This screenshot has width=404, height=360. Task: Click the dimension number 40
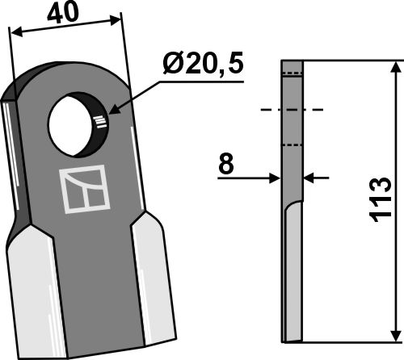[63, 13]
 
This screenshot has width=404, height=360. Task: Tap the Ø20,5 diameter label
[203, 64]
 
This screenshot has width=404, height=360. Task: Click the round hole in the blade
[70, 125]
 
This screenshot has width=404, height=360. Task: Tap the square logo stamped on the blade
[85, 189]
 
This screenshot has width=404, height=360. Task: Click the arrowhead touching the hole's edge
[115, 110]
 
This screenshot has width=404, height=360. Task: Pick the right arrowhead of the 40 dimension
[115, 20]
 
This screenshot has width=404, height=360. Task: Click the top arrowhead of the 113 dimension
[395, 67]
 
